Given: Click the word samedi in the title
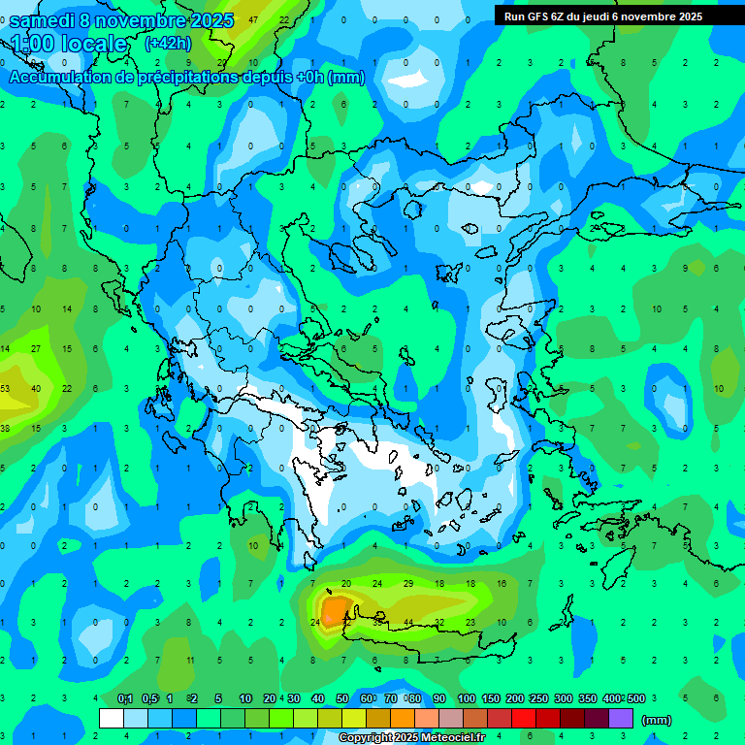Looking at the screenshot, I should [42, 21].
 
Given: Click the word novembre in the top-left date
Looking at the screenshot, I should [141, 21].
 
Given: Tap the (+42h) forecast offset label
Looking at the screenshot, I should [167, 44].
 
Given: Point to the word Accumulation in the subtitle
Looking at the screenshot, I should [61, 78].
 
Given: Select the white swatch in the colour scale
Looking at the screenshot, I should [112, 718].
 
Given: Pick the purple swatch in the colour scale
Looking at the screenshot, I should [621, 718].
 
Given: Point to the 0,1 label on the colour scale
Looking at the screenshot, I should [125, 699].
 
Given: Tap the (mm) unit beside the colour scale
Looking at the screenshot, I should [657, 720].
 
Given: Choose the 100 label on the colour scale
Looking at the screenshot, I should [467, 699].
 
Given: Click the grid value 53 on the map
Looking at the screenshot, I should [5, 388].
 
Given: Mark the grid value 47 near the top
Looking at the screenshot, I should [253, 19].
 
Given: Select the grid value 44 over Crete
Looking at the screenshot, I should [408, 622].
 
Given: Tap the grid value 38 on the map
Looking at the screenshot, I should [5, 428].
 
